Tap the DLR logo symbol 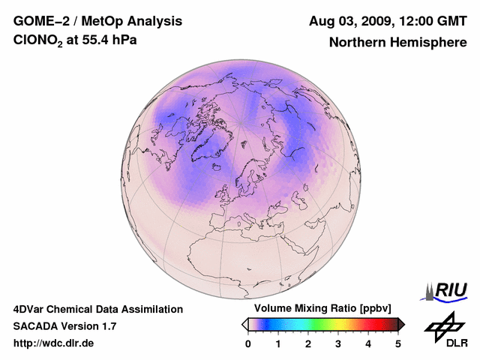442,325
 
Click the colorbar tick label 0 248,343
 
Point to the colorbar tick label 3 338,343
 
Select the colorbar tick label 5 398,343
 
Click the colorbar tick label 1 278,343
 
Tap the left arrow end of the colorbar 244,324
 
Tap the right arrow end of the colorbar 401,324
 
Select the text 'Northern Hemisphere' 397,43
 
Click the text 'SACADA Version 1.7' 64,326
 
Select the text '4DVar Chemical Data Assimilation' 97,309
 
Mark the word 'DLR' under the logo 456,343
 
